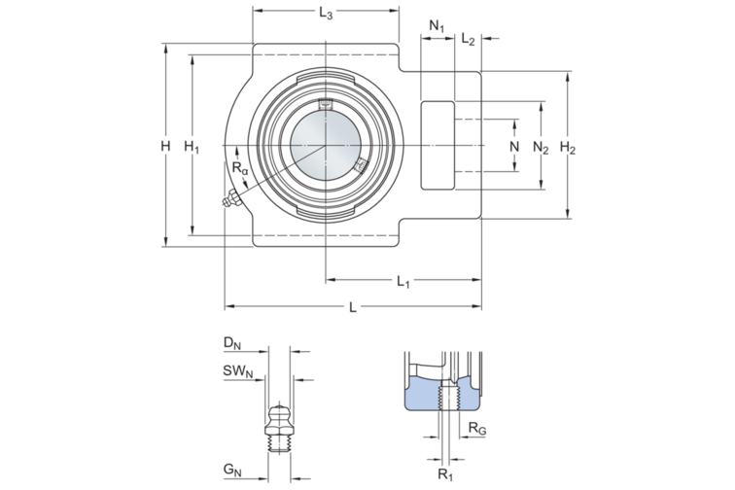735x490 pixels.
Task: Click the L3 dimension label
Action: [x=326, y=15]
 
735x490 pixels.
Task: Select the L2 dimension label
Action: [x=468, y=39]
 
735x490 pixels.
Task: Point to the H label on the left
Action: [x=166, y=146]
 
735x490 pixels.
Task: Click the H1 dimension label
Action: [x=192, y=148]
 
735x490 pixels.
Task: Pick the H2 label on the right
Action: [x=570, y=149]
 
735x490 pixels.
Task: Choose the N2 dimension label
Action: [x=542, y=149]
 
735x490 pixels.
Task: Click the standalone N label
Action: [x=515, y=146]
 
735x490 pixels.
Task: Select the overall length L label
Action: [x=353, y=308]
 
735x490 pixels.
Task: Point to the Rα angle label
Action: [x=240, y=170]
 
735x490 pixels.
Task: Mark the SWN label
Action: [x=237, y=370]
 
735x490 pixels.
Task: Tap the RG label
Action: [x=475, y=428]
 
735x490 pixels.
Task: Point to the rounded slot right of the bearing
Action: [x=437, y=146]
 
